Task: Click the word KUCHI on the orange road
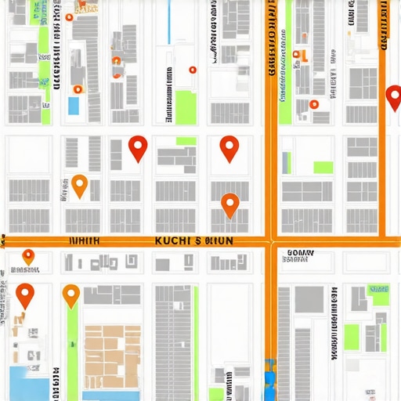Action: point(173,240)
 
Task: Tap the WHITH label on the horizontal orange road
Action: point(85,241)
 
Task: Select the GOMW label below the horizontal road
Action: point(300,253)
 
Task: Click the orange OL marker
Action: point(301,55)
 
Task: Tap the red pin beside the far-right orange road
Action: point(394,96)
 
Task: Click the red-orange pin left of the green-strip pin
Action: point(26,294)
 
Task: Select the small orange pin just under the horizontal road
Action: point(28,255)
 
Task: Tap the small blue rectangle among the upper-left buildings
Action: point(74,106)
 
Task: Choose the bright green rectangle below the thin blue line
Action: point(185,107)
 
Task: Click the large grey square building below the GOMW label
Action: point(309,298)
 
